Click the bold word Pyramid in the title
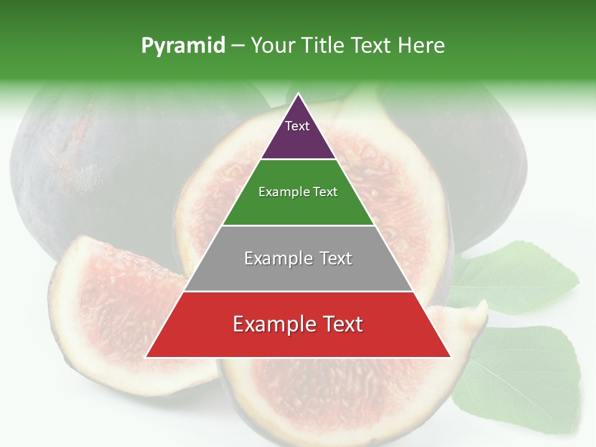pyautogui.click(x=183, y=46)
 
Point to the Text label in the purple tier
pyautogui.click(x=297, y=126)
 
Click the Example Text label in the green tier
pyautogui.click(x=298, y=192)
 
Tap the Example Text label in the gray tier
pyautogui.click(x=298, y=258)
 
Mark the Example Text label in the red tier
pyautogui.click(x=298, y=324)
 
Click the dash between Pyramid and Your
pyautogui.click(x=238, y=46)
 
